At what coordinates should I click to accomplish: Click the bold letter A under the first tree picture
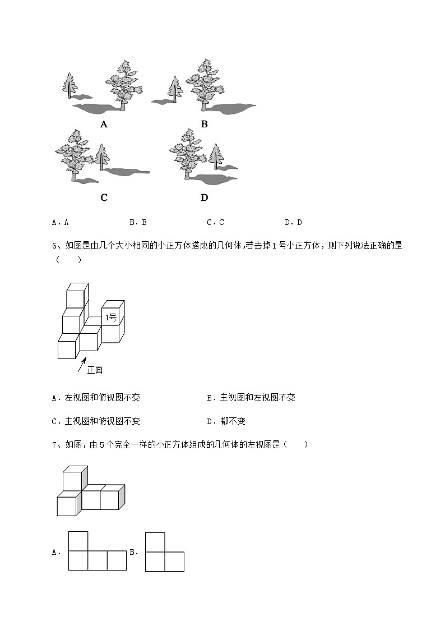tap(104, 125)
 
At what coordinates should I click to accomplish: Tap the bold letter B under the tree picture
tap(204, 125)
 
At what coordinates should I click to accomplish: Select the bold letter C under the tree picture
tap(104, 197)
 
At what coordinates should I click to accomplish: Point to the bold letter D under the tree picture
tap(204, 197)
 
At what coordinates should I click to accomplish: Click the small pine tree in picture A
tap(69, 86)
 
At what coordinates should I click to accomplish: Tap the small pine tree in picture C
tap(101, 157)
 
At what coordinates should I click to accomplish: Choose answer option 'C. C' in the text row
tap(215, 222)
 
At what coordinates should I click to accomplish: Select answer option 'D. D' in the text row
tap(293, 222)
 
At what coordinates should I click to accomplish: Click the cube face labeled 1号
tap(111, 318)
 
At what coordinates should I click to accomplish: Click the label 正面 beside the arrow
tap(95, 370)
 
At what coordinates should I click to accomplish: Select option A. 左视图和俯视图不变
tap(96, 398)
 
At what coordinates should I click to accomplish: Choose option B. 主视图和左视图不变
tap(251, 398)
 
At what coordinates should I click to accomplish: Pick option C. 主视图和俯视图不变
tap(96, 421)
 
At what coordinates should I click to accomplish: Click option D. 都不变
tap(226, 421)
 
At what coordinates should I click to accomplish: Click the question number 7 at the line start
tap(54, 445)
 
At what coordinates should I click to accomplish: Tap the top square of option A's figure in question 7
tap(78, 541)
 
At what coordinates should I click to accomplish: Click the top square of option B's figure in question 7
tap(155, 542)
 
